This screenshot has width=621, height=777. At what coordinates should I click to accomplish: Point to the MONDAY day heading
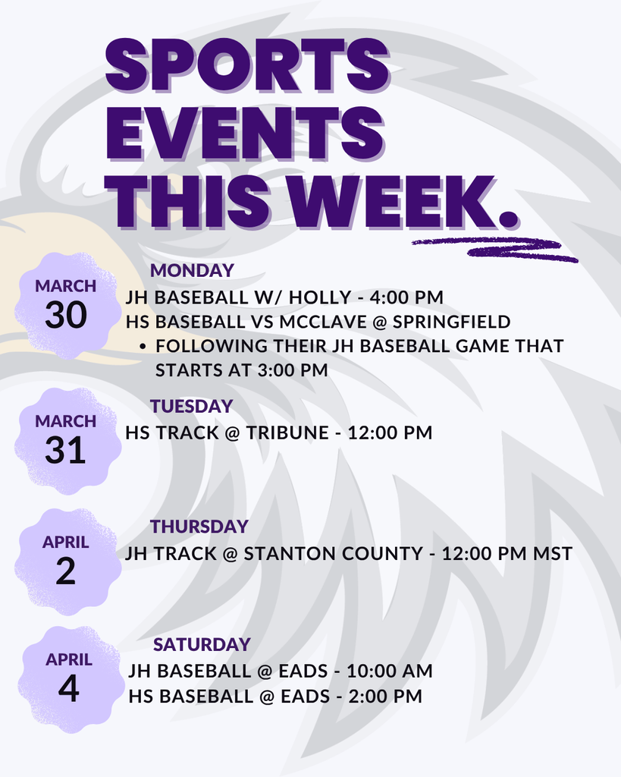pyautogui.click(x=192, y=271)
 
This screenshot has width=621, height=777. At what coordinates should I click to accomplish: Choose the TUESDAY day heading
pyautogui.click(x=191, y=407)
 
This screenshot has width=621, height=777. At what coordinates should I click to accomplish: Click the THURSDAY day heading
pyautogui.click(x=199, y=527)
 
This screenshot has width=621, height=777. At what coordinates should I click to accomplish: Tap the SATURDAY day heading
pyautogui.click(x=202, y=645)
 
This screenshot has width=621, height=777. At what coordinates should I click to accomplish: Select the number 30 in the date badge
pyautogui.click(x=66, y=316)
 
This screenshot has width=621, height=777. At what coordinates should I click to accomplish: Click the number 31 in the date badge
pyautogui.click(x=65, y=451)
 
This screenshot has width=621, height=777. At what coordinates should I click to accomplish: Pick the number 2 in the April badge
pyautogui.click(x=65, y=571)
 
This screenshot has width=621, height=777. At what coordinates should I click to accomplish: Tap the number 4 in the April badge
pyautogui.click(x=68, y=689)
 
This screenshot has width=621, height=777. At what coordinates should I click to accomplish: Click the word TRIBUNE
pyautogui.click(x=287, y=433)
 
